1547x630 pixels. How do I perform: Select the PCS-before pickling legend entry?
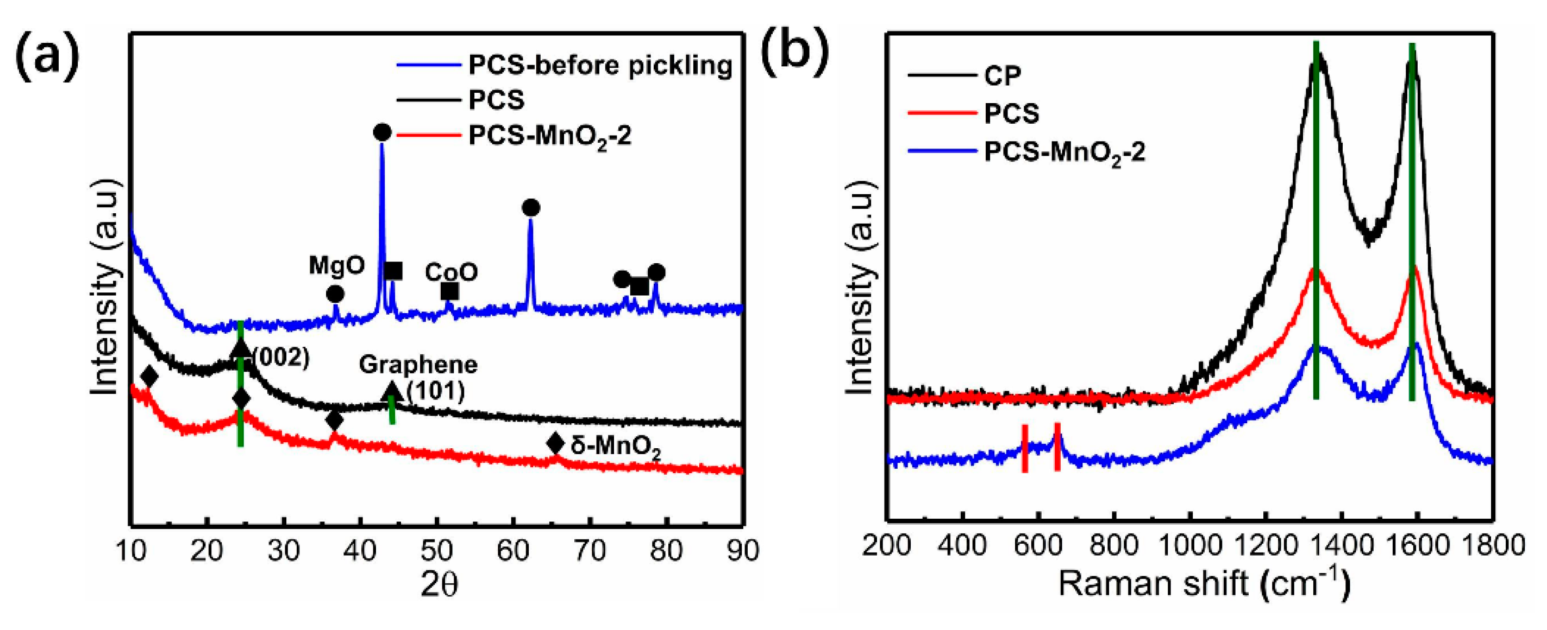(599, 65)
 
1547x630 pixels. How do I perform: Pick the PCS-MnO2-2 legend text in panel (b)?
(1064, 152)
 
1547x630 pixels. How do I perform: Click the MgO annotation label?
(336, 265)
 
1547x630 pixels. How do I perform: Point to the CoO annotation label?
(451, 272)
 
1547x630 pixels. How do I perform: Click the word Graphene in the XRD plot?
(418, 364)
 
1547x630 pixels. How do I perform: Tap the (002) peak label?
(280, 358)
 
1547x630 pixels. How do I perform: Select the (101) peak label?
(436, 391)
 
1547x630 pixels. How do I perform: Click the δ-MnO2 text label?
(616, 446)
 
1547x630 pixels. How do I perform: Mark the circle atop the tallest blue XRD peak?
(382, 132)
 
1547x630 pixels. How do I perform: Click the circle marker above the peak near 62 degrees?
(531, 208)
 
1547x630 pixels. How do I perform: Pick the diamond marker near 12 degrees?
(149, 377)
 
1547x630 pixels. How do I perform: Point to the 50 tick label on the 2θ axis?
(436, 550)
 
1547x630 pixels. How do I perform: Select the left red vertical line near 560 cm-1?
(1024, 448)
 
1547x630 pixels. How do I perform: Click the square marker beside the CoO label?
(450, 291)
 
